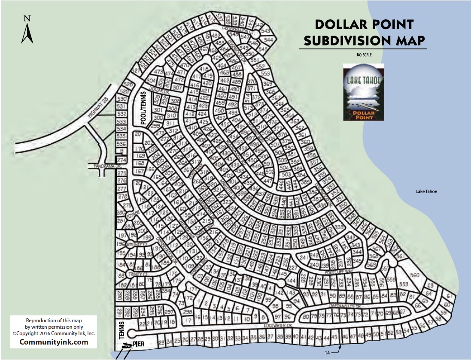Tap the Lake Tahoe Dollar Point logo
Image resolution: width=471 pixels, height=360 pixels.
coord(364,92)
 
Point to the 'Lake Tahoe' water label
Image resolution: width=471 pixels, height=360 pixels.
coord(426,191)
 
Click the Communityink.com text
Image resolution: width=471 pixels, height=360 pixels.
coord(54,342)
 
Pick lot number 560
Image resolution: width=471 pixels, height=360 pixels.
coord(414,275)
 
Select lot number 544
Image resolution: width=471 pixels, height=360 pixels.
coord(269,40)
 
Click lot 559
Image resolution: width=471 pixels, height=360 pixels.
coord(404,284)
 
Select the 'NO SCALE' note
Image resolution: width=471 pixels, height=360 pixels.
coord(363,55)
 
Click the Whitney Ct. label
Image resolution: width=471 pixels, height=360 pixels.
coord(140,245)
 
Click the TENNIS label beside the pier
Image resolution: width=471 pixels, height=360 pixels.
coord(122,330)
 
